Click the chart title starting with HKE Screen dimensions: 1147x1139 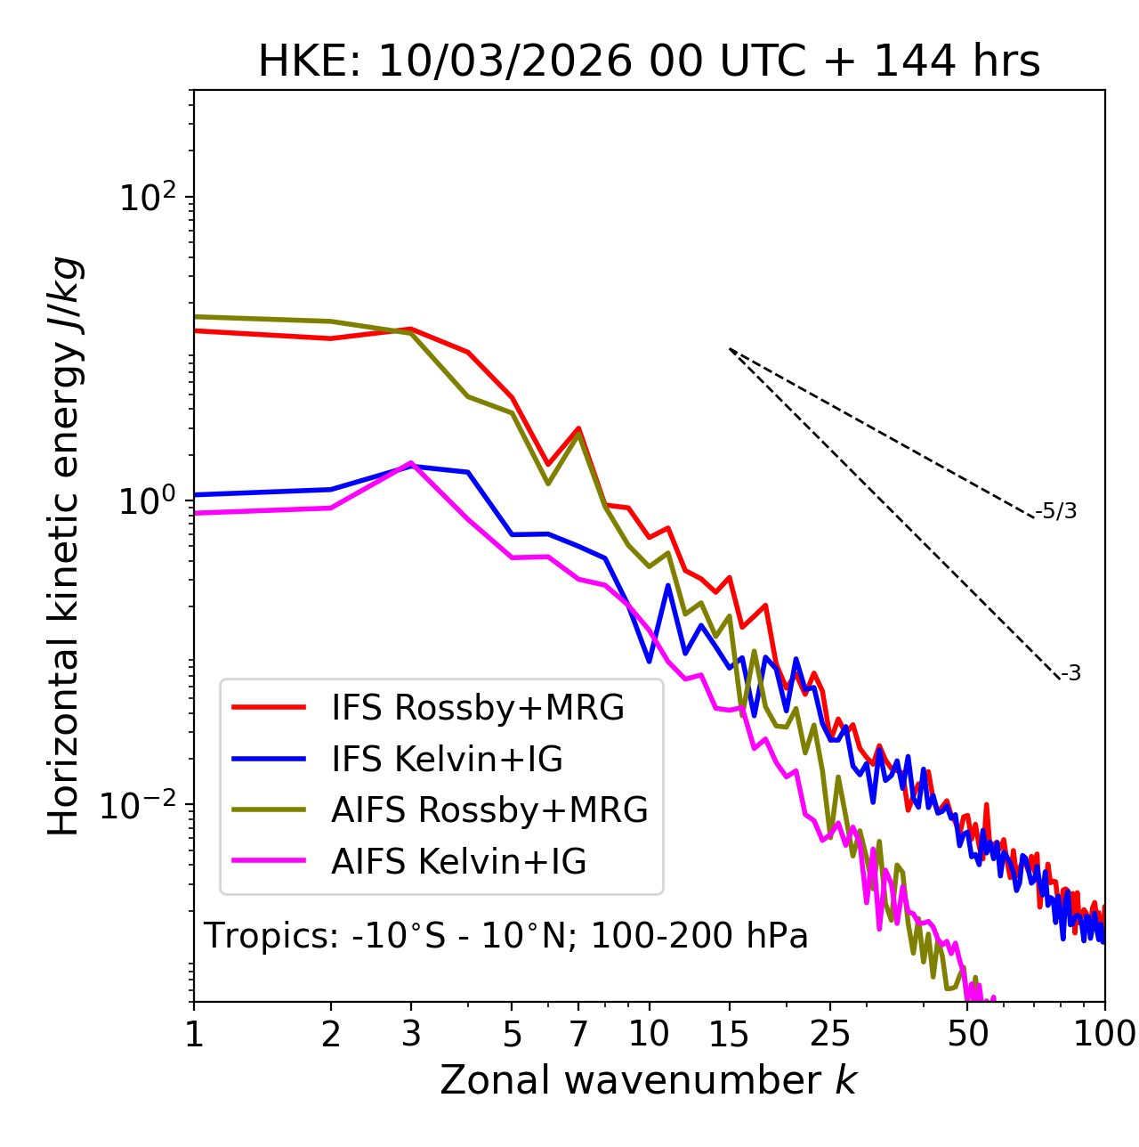point(649,61)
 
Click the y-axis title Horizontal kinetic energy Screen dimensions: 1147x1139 point(65,546)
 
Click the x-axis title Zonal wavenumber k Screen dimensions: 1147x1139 point(649,1080)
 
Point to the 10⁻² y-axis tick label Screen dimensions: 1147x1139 point(141,806)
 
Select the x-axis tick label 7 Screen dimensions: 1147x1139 point(578,1034)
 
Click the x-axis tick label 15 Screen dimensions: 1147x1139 point(729,1034)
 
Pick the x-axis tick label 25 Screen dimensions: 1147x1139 point(829,1034)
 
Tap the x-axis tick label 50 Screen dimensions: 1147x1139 point(967,1034)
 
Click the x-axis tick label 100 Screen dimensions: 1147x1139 point(1103,1034)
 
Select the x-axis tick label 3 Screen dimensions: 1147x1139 point(411,1034)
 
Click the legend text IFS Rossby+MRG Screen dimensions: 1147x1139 point(478,708)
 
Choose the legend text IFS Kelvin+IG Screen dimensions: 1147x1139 point(448,760)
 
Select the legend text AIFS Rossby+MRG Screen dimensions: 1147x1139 point(489,810)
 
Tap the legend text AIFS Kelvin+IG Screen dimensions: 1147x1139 point(459,862)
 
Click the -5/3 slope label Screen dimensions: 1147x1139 point(1056,511)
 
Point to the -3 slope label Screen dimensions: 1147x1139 point(1070,674)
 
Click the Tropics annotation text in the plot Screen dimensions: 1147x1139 point(506,936)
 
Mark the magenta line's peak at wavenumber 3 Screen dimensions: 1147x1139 point(411,463)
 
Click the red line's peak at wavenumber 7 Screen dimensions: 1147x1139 point(578,428)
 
